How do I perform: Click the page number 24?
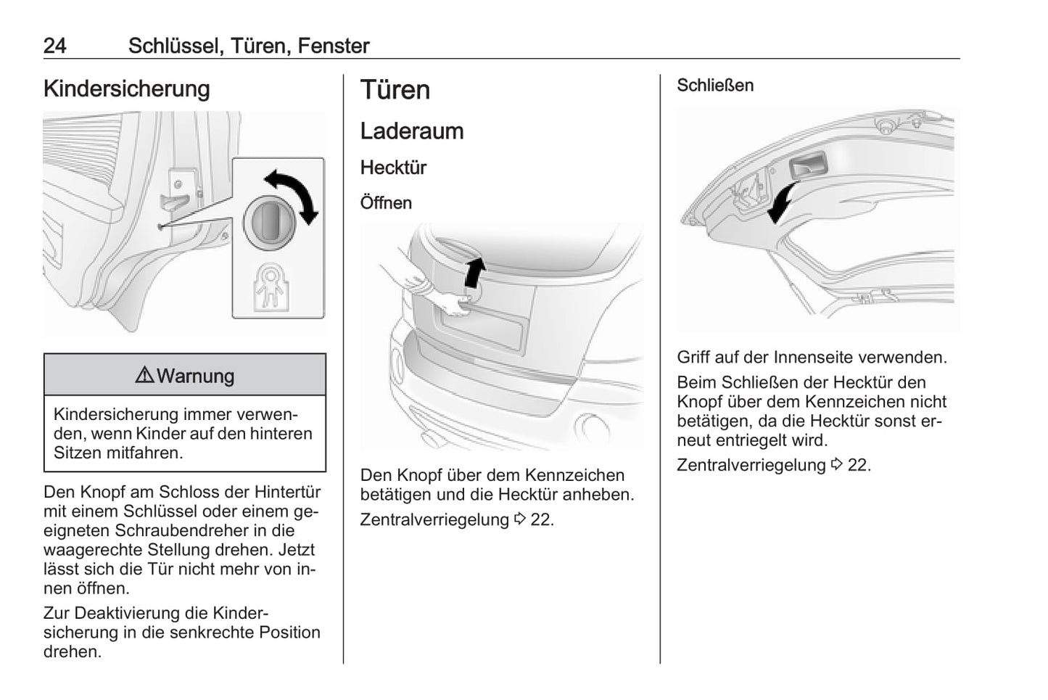tap(55, 46)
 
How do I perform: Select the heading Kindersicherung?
tap(126, 88)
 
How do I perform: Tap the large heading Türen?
tap(395, 90)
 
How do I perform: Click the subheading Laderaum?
tap(411, 131)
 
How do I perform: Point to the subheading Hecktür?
tap(393, 168)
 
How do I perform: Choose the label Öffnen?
tap(386, 203)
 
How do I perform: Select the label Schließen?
tap(715, 86)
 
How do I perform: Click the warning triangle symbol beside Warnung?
tap(144, 376)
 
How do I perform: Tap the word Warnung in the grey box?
tap(195, 376)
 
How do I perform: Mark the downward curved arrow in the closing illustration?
tap(782, 202)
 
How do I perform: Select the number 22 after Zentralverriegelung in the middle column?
tap(541, 520)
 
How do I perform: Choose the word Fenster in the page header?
tap(334, 46)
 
